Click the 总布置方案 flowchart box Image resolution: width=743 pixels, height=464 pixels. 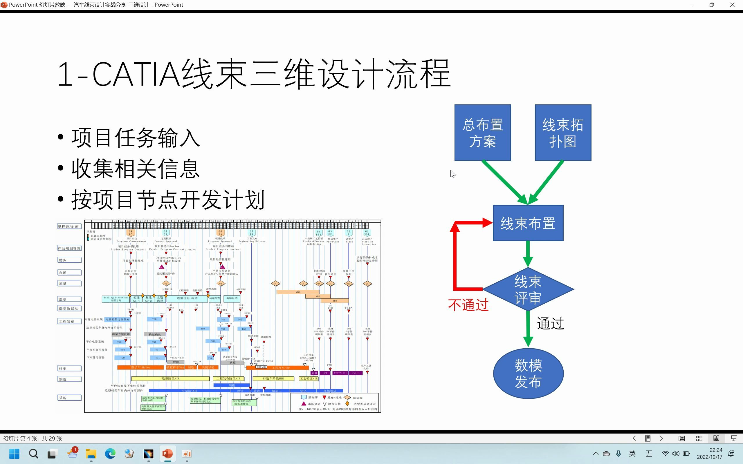482,133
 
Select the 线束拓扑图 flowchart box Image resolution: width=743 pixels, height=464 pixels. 563,133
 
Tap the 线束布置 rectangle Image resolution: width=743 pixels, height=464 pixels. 528,223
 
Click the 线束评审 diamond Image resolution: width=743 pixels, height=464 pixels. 528,289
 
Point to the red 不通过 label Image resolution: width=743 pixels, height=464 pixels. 468,305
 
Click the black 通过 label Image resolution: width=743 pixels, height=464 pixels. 550,323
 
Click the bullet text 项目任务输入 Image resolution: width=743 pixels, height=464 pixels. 136,138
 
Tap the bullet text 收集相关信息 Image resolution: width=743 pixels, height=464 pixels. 136,169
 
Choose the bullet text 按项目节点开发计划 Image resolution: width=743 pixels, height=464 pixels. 168,200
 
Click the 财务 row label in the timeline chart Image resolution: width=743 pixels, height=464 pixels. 69,260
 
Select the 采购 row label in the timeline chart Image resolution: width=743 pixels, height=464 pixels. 69,398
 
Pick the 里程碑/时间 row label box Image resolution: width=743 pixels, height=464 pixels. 69,226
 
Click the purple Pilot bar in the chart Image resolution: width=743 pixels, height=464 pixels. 356,373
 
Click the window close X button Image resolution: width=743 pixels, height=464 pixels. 732,5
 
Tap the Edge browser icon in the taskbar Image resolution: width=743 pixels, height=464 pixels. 110,454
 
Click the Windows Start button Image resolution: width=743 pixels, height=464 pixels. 15,454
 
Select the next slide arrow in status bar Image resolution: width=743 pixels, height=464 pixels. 661,438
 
